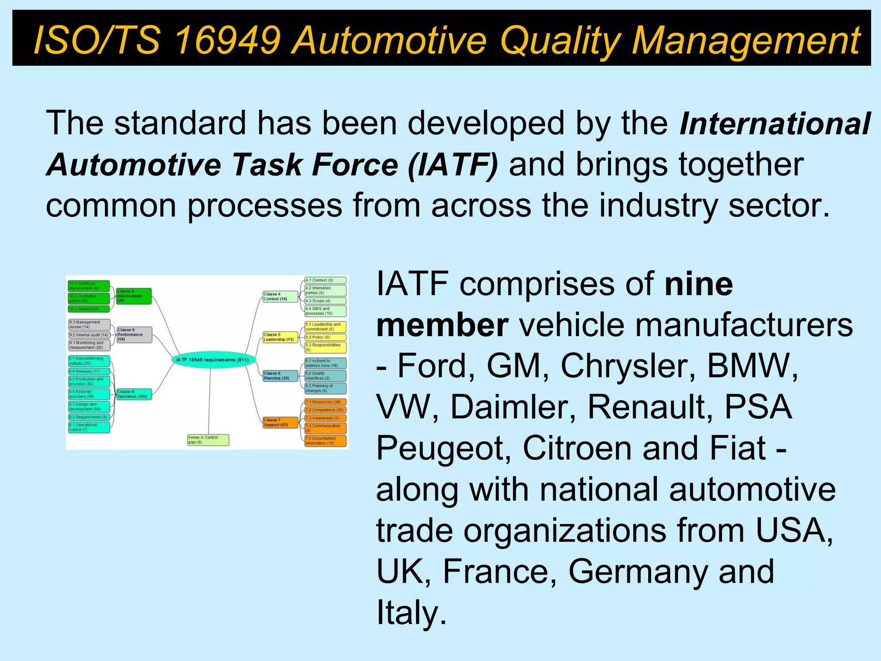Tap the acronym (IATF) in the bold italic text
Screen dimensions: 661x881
453,164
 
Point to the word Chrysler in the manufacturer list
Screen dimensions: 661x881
628,366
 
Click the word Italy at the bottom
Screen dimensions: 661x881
411,613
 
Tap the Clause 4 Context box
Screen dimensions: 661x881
280,297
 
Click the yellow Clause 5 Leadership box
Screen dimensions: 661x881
280,337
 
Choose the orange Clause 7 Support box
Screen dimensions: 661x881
280,422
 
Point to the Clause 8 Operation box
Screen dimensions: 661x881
134,394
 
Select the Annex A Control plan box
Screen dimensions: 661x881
208,440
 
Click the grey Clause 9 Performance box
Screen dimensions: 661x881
134,334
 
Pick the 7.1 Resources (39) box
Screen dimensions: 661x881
325,402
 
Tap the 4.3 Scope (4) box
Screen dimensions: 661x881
325,301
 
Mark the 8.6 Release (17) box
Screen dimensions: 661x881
89,371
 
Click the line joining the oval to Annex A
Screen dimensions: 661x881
209,400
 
